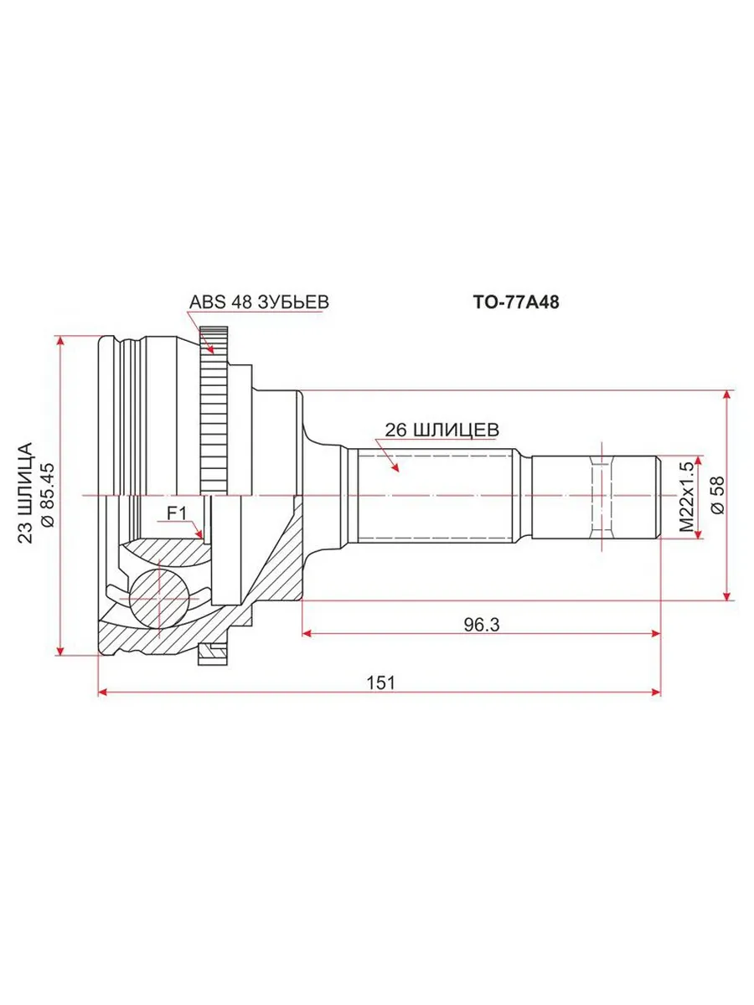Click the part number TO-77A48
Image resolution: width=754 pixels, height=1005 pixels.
pos(515,302)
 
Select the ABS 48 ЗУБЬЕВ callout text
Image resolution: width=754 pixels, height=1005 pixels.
pos(259,302)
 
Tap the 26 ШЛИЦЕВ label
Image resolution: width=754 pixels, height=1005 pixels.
pos(442,430)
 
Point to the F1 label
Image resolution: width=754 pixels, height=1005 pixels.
pos(177,513)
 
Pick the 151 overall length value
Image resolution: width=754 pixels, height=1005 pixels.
pos(380,683)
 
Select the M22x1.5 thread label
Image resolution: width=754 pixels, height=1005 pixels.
pos(687,497)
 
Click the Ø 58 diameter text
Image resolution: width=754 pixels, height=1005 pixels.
pos(718,496)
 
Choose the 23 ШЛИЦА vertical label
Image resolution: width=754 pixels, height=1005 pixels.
pos(26,493)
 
